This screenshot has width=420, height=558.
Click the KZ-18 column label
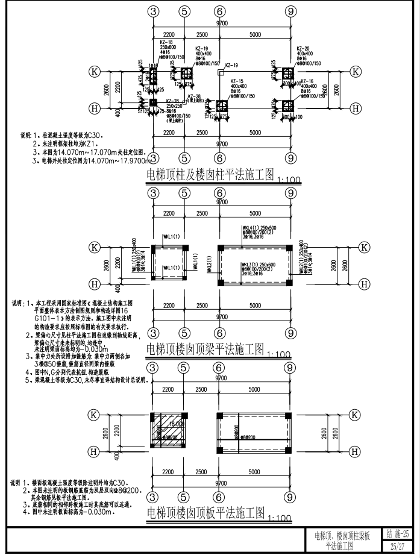tap(167, 42)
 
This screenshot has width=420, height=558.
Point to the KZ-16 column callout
tap(306, 81)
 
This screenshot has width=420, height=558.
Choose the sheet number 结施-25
tap(398, 534)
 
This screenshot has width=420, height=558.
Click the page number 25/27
tap(398, 545)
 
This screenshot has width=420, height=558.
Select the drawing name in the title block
tap(342, 540)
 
